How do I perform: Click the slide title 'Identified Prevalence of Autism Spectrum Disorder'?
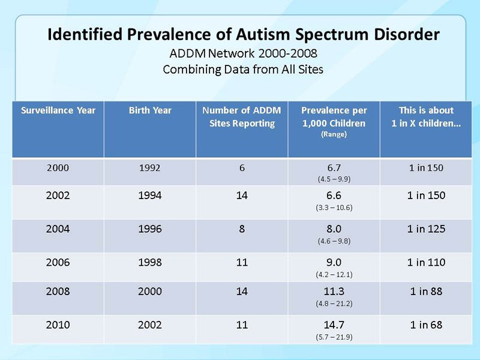click(x=244, y=34)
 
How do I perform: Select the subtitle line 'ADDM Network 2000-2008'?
click(x=244, y=53)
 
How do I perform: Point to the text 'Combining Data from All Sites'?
click(x=243, y=70)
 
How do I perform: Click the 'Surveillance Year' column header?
click(x=58, y=110)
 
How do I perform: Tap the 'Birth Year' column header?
click(x=150, y=110)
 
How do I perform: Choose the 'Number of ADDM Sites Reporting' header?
click(x=242, y=116)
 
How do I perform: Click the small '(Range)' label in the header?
click(x=334, y=134)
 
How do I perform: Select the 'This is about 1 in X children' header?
click(x=426, y=116)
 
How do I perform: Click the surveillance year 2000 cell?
click(x=58, y=168)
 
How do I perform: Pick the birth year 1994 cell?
click(x=150, y=196)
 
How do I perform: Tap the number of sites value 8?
click(x=242, y=229)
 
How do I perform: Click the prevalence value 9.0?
click(x=334, y=262)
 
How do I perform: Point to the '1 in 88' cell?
click(x=426, y=291)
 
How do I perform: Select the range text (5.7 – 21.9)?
click(x=334, y=337)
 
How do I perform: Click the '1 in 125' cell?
click(x=426, y=229)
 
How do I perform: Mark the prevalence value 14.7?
click(x=334, y=325)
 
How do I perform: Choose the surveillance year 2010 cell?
click(x=58, y=325)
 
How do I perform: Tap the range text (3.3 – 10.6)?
click(x=334, y=208)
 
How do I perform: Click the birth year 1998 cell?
click(x=150, y=262)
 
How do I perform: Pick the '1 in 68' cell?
click(x=426, y=325)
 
